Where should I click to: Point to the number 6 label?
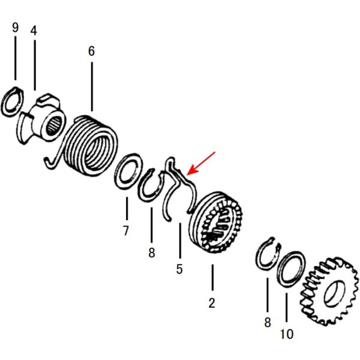(x=91, y=52)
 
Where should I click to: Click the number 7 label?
(x=126, y=230)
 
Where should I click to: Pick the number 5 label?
(x=179, y=269)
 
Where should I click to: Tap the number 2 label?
(x=211, y=303)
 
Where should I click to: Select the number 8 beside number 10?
(x=268, y=323)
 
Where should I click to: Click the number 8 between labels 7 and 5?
(x=151, y=253)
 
